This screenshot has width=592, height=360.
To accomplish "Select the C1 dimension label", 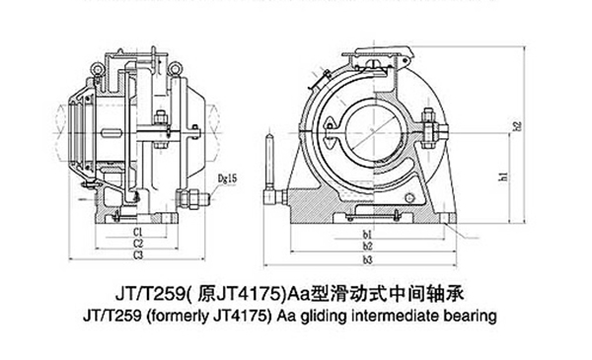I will tap(141, 232).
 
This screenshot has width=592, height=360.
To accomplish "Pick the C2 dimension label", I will tap(141, 244).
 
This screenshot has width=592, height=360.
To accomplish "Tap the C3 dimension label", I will tap(141, 255).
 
